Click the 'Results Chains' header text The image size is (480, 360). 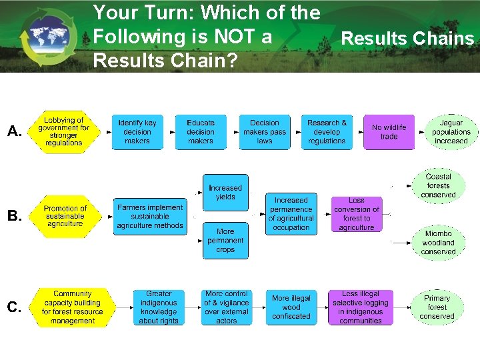(407, 39)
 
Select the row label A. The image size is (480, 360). (15, 132)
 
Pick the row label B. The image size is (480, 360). (15, 216)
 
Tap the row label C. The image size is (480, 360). (15, 307)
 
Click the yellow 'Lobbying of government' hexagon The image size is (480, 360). (64, 132)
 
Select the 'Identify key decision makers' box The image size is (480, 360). (137, 132)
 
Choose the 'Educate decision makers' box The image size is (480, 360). (201, 132)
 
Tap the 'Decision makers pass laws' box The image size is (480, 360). (265, 132)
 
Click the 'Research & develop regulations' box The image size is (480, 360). (327, 132)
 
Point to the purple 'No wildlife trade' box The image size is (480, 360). (389, 132)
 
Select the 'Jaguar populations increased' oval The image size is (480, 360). (451, 132)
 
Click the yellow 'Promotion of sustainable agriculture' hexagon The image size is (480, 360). (65, 216)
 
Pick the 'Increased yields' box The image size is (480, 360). (225, 193)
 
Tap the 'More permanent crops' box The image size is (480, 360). (225, 241)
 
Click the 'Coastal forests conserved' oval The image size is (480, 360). (439, 186)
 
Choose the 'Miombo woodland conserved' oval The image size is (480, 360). (439, 243)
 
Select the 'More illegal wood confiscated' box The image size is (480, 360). (291, 307)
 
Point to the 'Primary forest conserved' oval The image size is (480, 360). (437, 307)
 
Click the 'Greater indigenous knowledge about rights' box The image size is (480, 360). (159, 307)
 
